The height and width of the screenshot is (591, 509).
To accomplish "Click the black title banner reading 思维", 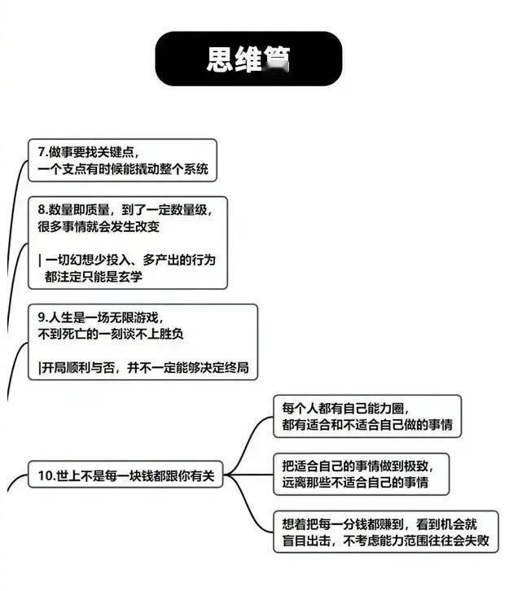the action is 248,59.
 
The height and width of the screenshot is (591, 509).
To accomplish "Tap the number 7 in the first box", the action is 42,151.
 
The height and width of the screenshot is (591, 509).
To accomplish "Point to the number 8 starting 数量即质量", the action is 42,209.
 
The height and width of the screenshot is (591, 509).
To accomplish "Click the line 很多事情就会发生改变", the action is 99,227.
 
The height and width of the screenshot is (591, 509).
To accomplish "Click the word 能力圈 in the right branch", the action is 382,408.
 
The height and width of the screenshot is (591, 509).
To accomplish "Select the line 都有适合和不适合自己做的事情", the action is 367,425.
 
